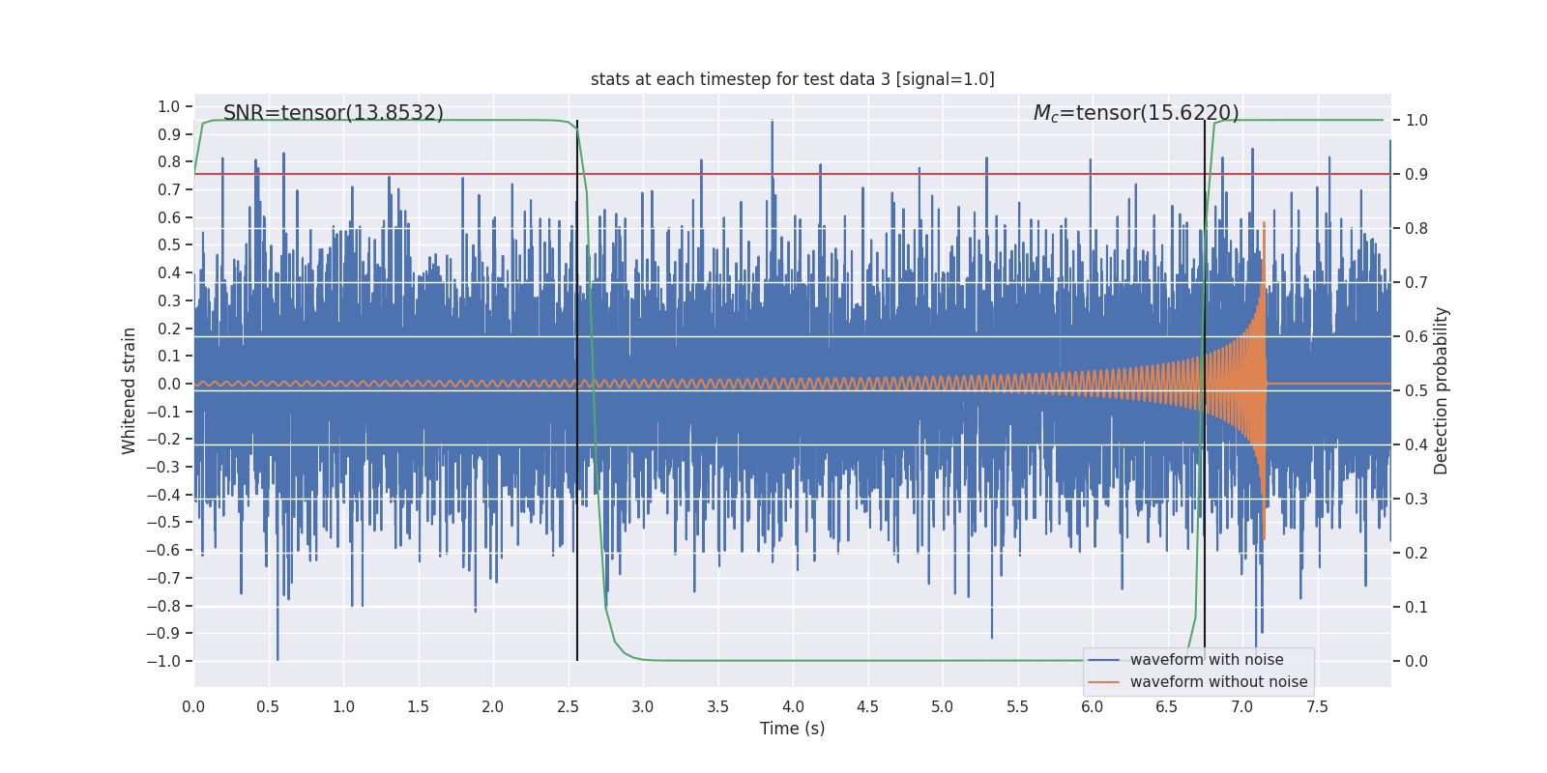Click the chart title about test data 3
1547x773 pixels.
click(x=792, y=79)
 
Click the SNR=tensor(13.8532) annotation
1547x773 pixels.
click(x=334, y=113)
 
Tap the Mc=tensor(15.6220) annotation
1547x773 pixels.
click(x=1136, y=113)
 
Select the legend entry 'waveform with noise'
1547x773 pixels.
click(x=1206, y=660)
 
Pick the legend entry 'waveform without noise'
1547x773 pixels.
click(x=1217, y=682)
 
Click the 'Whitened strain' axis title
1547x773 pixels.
click(x=130, y=390)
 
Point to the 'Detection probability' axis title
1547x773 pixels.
click(x=1442, y=390)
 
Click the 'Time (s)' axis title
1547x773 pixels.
click(x=792, y=729)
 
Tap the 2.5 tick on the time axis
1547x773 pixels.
click(x=568, y=707)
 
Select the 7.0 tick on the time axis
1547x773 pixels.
click(x=1241, y=707)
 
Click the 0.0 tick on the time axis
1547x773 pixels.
click(x=193, y=707)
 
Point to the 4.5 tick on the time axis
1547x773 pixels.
click(x=867, y=707)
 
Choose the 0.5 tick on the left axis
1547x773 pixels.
click(x=169, y=245)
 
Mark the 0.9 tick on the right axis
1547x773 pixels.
click(x=1416, y=175)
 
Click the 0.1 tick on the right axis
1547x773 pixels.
click(x=1416, y=608)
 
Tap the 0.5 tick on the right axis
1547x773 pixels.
click(x=1416, y=391)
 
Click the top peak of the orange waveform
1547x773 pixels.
click(x=1264, y=224)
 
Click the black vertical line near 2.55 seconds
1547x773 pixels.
click(x=577, y=435)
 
